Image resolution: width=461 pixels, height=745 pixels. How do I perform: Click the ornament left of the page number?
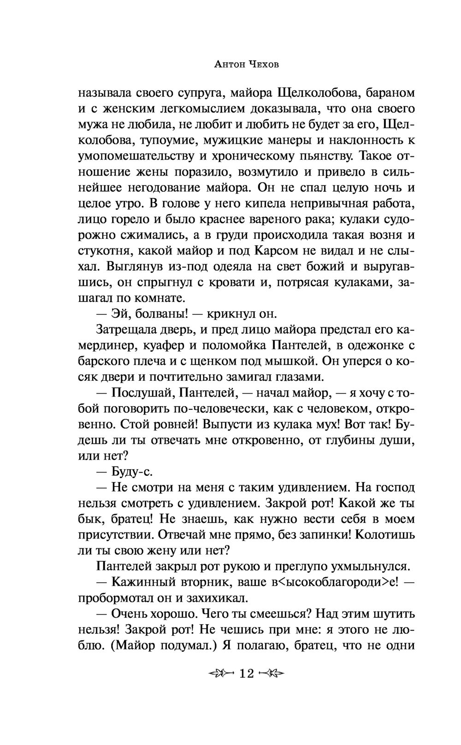point(220,674)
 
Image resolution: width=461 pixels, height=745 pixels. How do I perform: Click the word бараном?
point(390,93)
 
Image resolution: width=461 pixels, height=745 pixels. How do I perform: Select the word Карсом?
point(274,251)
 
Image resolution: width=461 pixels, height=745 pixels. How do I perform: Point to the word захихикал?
point(215,598)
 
